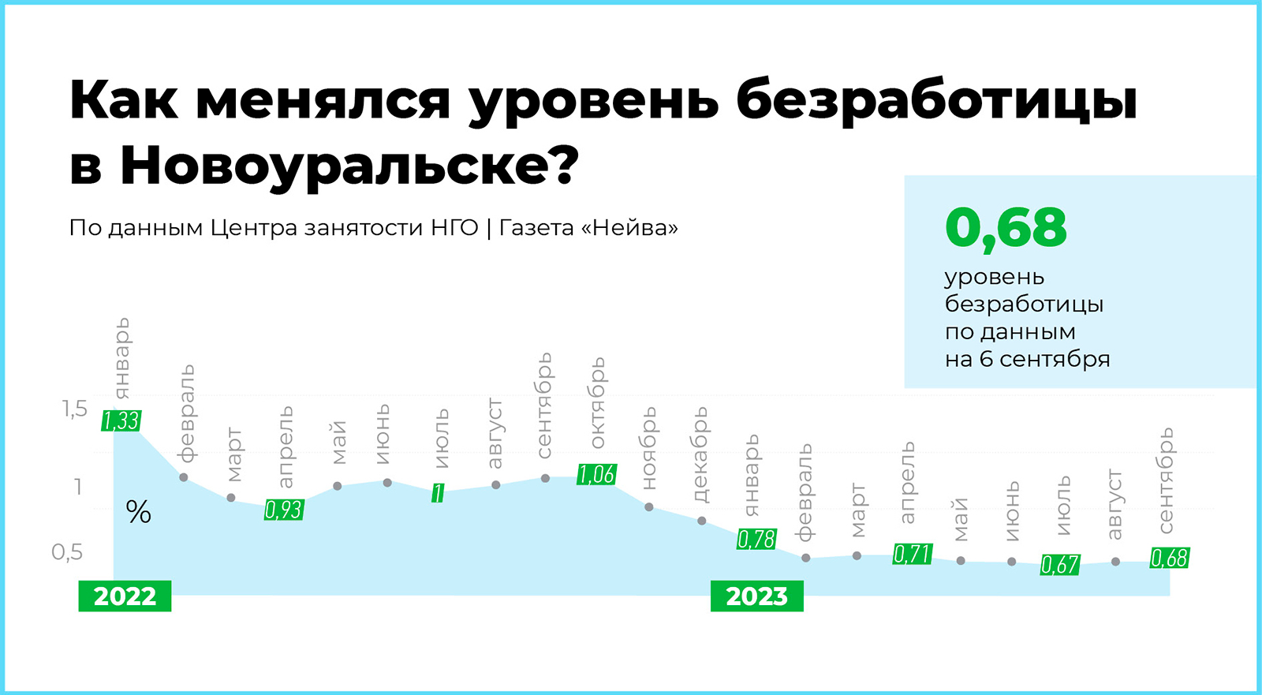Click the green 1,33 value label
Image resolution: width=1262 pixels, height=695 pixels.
tap(121, 420)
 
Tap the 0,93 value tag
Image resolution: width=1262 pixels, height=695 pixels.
tap(284, 510)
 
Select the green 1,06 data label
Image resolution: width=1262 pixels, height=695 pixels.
tap(596, 475)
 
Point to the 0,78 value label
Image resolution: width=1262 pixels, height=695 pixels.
tap(756, 539)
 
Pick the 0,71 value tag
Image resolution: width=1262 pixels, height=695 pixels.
tap(913, 554)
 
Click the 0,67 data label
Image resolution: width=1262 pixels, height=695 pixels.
tap(1060, 564)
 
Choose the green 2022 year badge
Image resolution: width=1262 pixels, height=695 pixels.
tap(125, 596)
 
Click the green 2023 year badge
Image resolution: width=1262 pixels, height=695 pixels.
tap(756, 596)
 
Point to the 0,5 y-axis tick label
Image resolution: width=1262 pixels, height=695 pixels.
tap(67, 552)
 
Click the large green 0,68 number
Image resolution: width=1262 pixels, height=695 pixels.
tap(1006, 228)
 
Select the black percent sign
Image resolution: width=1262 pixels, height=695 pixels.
tap(139, 512)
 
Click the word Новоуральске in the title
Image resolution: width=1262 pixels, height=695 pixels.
tap(349, 166)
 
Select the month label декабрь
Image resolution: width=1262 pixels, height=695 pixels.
tap(701, 454)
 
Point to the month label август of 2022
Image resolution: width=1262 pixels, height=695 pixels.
tap(494, 433)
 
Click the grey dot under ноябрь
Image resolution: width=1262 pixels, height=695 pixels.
tap(649, 507)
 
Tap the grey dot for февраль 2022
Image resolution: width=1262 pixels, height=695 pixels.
tap(184, 477)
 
